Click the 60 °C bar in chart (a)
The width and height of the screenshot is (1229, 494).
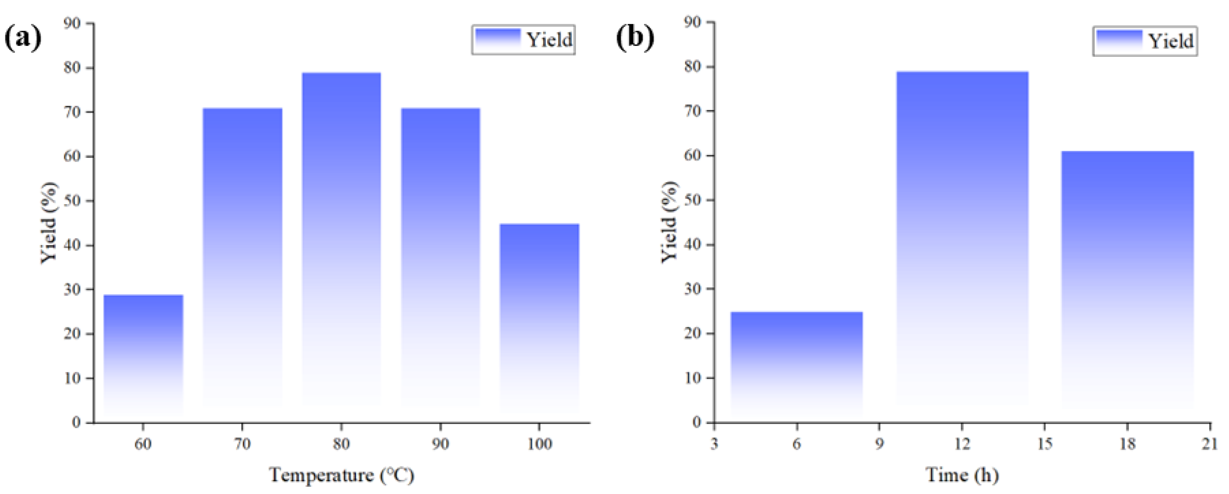143,358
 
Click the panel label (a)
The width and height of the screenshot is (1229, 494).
23,38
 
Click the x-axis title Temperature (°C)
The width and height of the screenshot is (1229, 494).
342,475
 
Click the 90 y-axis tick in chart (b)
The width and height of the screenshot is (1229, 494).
692,22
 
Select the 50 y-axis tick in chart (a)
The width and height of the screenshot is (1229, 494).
73,201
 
